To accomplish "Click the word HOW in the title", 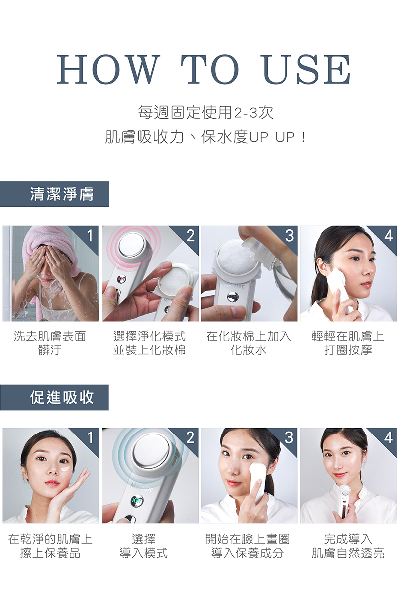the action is pyautogui.click(x=107, y=69).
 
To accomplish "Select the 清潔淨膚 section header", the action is pyautogui.click(x=54, y=194).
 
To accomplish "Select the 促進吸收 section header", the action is pyautogui.click(x=54, y=397).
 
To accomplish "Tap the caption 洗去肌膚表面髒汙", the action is pyautogui.click(x=50, y=343).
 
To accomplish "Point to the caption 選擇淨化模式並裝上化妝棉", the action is pyautogui.click(x=149, y=343).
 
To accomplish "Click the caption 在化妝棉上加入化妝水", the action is pyautogui.click(x=248, y=343).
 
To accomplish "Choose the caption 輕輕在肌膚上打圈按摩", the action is pyautogui.click(x=348, y=343).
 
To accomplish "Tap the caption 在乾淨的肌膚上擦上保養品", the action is pyautogui.click(x=50, y=546).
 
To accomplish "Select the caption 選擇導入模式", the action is pyautogui.click(x=144, y=546).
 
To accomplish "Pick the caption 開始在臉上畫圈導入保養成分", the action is pyautogui.click(x=247, y=546).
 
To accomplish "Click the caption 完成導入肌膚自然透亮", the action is pyautogui.click(x=348, y=546).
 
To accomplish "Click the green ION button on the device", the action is pyautogui.click(x=137, y=500).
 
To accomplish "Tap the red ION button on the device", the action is pyautogui.click(x=122, y=279).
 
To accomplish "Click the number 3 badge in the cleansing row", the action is pyautogui.click(x=290, y=235).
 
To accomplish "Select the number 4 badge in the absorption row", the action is pyautogui.click(x=389, y=438).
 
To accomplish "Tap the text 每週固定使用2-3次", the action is pyautogui.click(x=205, y=112).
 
